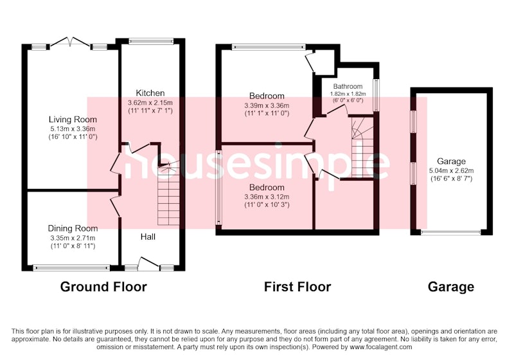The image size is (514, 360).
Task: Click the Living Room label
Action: pos(73,120)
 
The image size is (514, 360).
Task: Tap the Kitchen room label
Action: pos(150,93)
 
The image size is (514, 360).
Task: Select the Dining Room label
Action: pos(73,228)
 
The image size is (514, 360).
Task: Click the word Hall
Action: pos(148,237)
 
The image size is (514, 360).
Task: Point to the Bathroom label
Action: pos(348,87)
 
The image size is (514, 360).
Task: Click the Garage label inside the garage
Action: pos(451,161)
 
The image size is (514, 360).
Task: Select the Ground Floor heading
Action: pos(103,287)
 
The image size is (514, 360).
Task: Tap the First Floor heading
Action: pos(297,287)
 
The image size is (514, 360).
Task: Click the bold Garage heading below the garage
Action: pos(451,287)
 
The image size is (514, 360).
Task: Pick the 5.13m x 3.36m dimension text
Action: pos(73,129)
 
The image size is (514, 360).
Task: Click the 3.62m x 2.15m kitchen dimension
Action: pos(150,103)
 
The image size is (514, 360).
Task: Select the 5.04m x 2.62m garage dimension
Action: pos(451,171)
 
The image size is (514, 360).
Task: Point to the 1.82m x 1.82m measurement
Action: pos(348,94)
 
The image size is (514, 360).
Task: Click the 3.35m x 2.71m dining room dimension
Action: pos(73,238)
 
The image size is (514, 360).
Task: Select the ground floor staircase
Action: pos(168,195)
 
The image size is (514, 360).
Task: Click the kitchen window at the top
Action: pos(151,41)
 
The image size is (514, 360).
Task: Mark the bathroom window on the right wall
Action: pos(377,95)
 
